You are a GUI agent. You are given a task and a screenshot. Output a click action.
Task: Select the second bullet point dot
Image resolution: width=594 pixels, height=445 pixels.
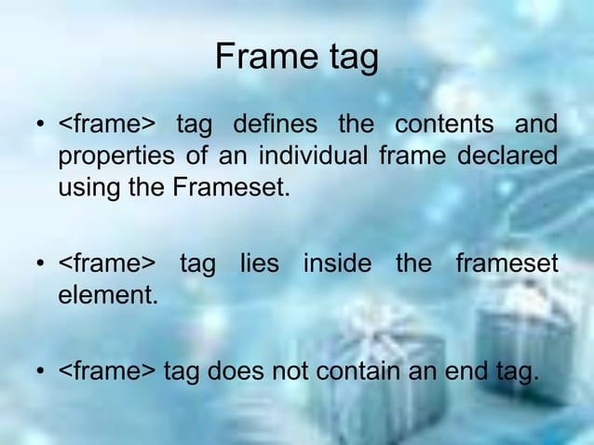click(x=41, y=266)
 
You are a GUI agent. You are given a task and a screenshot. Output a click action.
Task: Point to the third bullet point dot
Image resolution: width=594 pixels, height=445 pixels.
click(x=41, y=375)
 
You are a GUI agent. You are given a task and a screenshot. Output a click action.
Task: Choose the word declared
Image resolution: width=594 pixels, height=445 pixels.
click(x=507, y=156)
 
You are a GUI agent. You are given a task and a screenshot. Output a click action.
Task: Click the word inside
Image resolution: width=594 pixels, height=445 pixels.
click(x=338, y=264)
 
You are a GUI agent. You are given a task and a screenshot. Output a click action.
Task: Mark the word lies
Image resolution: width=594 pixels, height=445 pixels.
click(x=259, y=264)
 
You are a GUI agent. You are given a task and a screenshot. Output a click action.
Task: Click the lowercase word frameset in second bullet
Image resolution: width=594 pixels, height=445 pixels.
click(x=506, y=264)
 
